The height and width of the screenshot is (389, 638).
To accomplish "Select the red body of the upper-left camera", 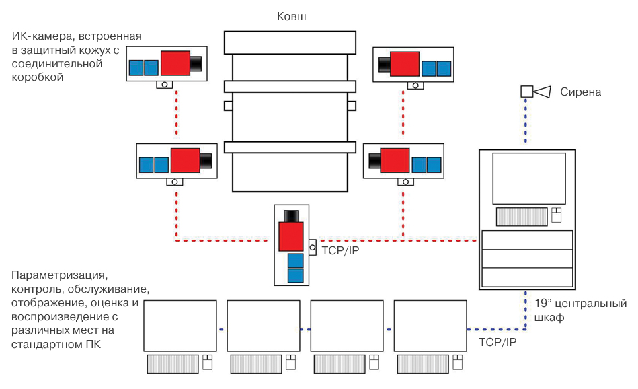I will coord(174,64).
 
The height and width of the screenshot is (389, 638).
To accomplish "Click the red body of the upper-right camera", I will coord(404,64).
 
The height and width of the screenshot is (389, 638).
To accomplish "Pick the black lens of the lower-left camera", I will coord(206,161).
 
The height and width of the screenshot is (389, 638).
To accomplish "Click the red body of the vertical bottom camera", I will coord(291,236).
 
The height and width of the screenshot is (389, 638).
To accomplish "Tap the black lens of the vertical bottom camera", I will coord(291,216).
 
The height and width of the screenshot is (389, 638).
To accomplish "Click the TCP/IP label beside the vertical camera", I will coord(340,255).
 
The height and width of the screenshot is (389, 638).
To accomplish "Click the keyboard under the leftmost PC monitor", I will coord(172,363).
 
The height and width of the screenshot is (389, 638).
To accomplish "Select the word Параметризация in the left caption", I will coord(60,276).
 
